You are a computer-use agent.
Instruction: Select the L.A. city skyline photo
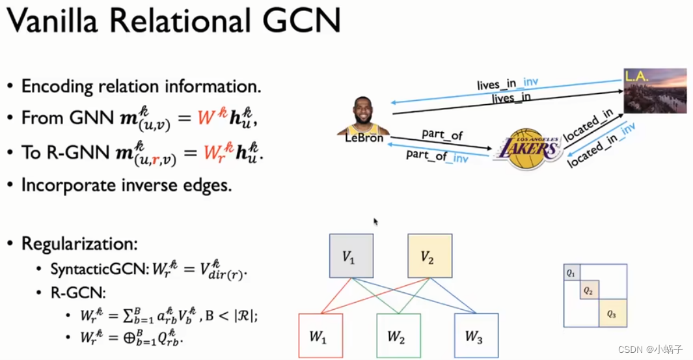[x=655, y=91]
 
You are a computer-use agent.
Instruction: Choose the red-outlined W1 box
[x=320, y=336]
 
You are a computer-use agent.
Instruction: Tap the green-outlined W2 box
[x=398, y=336]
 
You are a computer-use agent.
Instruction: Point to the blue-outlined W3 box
[x=476, y=336]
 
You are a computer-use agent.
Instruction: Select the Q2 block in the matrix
[x=588, y=290]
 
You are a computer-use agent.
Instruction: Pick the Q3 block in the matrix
[x=612, y=314]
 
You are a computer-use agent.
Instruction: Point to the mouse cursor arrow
[x=375, y=221]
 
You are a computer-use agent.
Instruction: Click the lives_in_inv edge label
[x=507, y=85]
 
